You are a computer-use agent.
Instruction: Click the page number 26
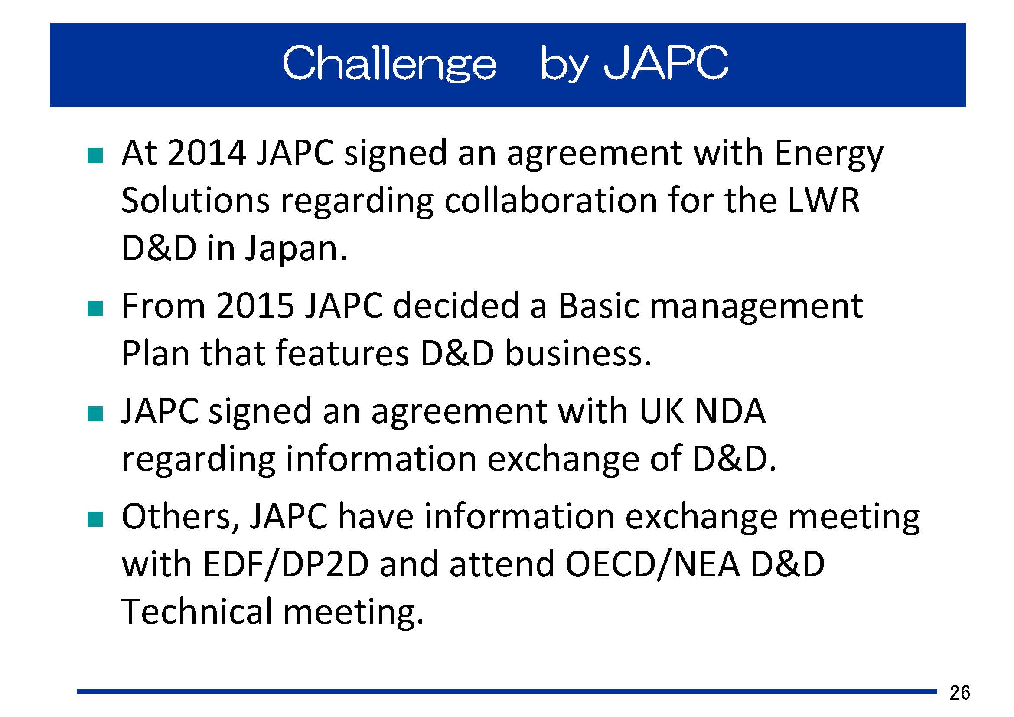(960, 692)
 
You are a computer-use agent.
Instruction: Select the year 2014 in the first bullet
(207, 153)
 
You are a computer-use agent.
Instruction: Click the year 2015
(255, 306)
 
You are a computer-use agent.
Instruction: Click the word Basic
(599, 306)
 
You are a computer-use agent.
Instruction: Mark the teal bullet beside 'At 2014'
(95, 156)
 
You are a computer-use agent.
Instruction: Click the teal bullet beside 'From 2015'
(95, 309)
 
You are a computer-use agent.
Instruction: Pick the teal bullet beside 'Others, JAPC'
(95, 520)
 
